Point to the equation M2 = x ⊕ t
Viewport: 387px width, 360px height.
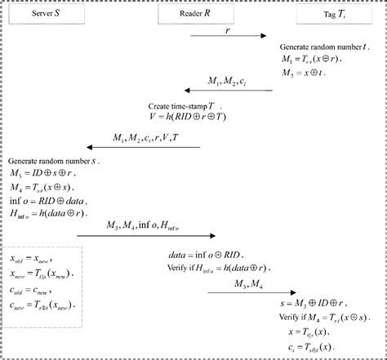pos(305,72)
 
